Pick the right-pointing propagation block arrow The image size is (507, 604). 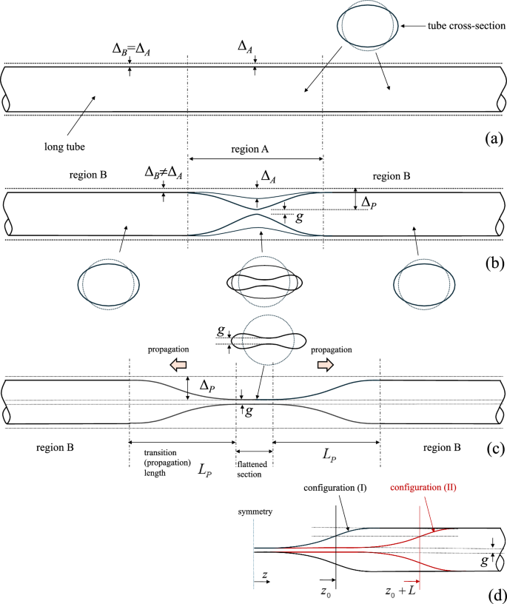[326, 365]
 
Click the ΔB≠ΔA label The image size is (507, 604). [162, 172]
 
